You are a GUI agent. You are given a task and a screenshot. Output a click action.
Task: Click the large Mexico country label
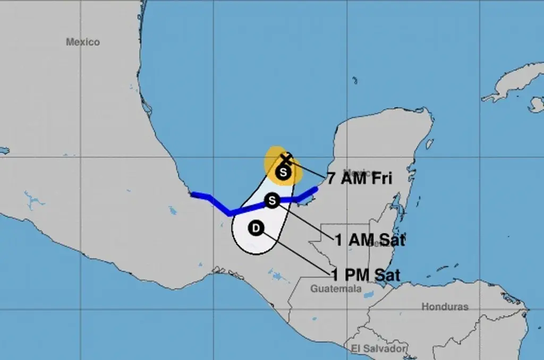tap(82, 42)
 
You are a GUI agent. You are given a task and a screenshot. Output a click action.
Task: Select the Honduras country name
tap(445, 306)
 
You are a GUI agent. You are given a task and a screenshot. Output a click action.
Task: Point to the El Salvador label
tap(378, 348)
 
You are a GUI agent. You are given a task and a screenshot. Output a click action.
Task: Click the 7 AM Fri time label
tap(359, 178)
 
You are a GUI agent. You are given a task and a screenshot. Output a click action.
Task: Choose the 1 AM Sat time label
tap(370, 241)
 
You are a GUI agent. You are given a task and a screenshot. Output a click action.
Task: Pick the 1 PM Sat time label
tap(365, 275)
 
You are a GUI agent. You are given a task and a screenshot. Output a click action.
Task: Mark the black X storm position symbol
tap(286, 159)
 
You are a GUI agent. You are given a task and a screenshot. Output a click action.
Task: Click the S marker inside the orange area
tap(283, 172)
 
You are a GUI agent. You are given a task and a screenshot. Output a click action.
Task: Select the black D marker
tap(256, 228)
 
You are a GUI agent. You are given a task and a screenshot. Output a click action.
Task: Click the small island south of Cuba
tap(537, 105)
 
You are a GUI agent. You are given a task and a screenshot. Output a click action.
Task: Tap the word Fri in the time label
tap(381, 178)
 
